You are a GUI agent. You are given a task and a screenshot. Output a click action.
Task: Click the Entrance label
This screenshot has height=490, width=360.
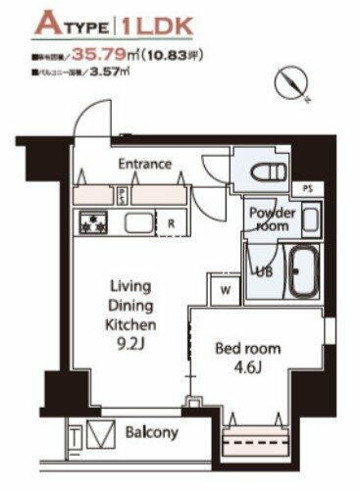coord(144,164)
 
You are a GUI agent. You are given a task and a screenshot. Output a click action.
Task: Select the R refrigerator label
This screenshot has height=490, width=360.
coord(171,223)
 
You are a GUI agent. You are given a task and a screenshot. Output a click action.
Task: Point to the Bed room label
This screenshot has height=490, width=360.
coord(248,348)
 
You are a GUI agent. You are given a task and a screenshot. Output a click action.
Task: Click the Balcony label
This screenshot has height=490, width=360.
coord(152,432)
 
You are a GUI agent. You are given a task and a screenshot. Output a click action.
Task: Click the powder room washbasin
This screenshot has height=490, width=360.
coord(309,218)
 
